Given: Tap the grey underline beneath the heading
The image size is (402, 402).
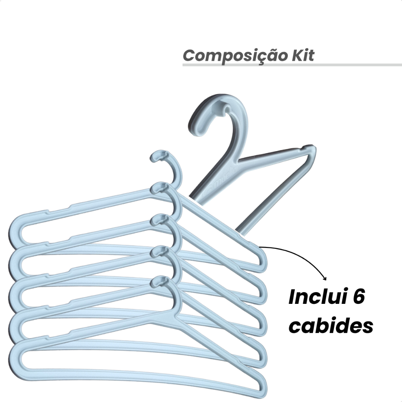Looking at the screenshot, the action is click(x=292, y=65).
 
